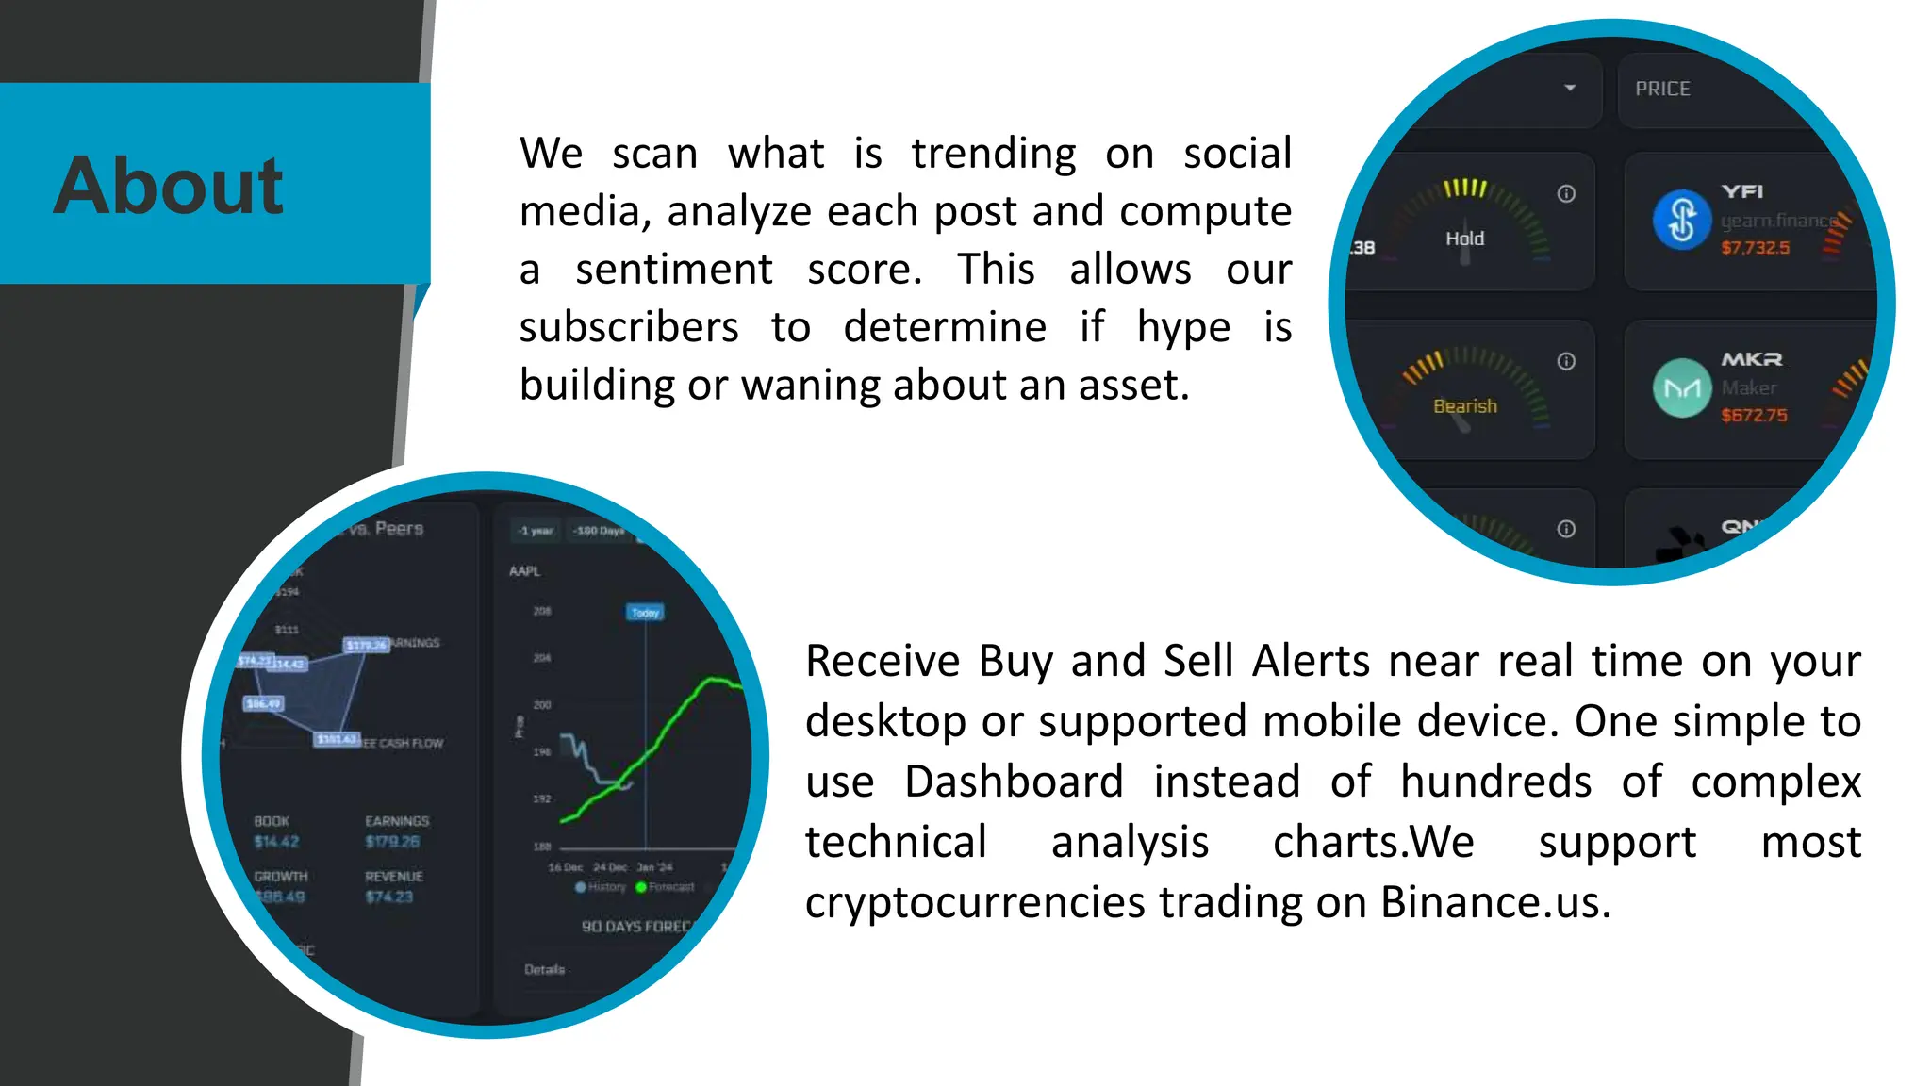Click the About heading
point(168,186)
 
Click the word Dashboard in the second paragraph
point(1014,782)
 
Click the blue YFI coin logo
point(1681,221)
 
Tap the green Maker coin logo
point(1681,387)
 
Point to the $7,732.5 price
point(1755,248)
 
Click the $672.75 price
point(1754,415)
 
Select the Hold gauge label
point(1464,239)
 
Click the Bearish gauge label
point(1464,406)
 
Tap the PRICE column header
point(1662,89)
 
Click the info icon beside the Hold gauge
point(1566,193)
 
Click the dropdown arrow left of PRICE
point(1570,88)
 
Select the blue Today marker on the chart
point(645,613)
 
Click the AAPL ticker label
point(524,571)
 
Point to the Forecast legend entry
point(666,887)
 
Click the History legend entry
point(601,887)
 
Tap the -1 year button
point(536,531)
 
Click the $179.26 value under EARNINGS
point(392,842)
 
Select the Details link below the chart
point(544,969)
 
